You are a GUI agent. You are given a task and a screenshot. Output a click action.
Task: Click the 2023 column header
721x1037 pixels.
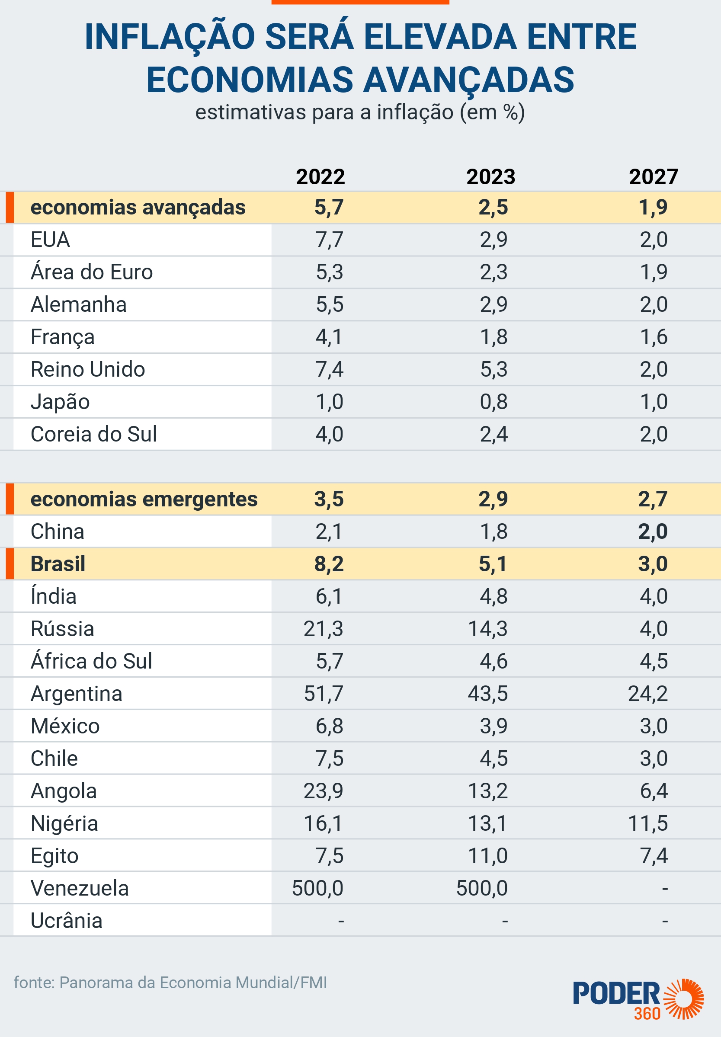(490, 176)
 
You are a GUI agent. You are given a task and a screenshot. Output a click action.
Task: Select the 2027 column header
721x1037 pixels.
(653, 176)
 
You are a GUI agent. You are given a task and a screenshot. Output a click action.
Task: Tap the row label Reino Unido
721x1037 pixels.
(88, 369)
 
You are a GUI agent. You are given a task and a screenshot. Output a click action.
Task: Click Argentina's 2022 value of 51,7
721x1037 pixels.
(324, 693)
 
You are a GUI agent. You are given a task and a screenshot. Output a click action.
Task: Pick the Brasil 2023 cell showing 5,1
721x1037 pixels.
(493, 563)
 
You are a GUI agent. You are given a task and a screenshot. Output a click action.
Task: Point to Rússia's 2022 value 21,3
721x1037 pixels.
(324, 629)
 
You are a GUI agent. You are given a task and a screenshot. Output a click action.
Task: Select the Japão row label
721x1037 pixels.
(60, 402)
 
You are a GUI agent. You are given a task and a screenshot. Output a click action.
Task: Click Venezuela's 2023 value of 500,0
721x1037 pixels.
(482, 888)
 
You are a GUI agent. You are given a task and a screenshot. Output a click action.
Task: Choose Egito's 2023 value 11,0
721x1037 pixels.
(488, 855)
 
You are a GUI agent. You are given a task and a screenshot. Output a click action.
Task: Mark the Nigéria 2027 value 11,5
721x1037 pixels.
(648, 823)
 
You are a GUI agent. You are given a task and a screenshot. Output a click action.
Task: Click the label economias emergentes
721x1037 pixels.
(144, 499)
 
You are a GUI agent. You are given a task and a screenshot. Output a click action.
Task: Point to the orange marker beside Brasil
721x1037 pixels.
(10, 563)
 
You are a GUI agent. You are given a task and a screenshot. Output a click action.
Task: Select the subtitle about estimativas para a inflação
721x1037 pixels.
(360, 112)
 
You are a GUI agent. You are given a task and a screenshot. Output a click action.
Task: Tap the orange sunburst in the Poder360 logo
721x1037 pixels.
(684, 999)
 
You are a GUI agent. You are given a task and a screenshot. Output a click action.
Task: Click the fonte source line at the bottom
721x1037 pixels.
(170, 983)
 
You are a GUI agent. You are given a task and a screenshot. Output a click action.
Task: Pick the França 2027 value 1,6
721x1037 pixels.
(654, 337)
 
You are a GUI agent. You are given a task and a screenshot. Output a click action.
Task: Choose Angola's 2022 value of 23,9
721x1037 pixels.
(324, 791)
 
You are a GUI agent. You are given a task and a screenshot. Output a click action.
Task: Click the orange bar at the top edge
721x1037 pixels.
(360, 2)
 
